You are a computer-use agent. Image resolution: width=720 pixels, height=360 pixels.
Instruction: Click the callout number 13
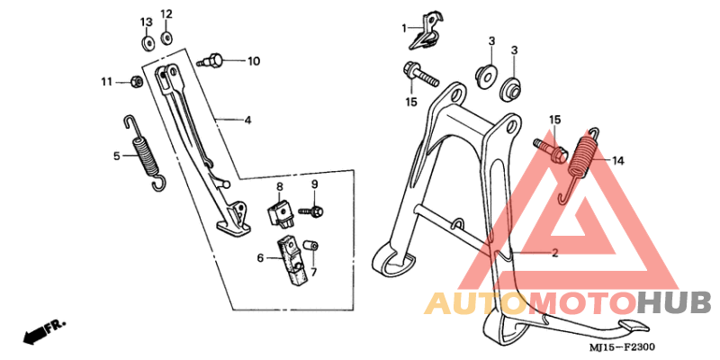click(146, 22)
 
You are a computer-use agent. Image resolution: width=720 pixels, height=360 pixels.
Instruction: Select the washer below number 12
click(166, 37)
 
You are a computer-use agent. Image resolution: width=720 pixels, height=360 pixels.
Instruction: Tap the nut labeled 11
click(136, 82)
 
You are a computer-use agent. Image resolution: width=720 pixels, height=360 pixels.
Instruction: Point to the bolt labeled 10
click(211, 60)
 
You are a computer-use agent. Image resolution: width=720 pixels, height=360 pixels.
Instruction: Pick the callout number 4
click(247, 121)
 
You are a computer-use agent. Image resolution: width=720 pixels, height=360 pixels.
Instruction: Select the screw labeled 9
click(311, 211)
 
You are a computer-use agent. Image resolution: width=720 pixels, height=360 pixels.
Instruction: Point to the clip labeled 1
click(426, 31)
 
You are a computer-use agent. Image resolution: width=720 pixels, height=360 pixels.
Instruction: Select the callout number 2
click(554, 253)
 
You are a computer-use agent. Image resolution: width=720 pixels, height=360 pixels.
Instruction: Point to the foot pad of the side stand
click(234, 229)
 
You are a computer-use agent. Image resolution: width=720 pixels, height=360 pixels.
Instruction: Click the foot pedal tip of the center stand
click(635, 326)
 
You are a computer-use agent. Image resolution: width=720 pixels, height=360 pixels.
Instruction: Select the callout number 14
click(617, 161)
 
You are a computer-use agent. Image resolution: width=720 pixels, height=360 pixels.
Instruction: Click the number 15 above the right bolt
click(554, 120)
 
